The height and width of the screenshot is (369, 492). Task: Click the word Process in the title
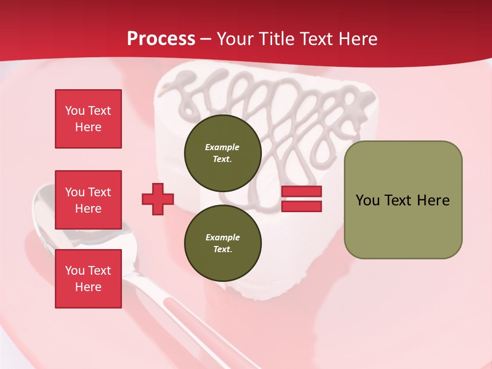tap(161, 39)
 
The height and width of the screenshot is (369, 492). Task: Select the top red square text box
tap(88, 119)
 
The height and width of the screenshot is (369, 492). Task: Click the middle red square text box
tap(88, 200)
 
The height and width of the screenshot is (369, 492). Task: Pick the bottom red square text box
tap(88, 278)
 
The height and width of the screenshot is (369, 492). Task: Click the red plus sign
tap(158, 199)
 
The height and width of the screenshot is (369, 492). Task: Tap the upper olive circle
tap(222, 153)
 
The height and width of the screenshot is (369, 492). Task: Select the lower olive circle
tap(222, 243)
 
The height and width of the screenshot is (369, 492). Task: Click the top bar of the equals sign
tap(301, 192)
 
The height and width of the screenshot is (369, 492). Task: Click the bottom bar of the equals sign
tap(301, 206)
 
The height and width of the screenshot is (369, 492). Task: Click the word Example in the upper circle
tap(222, 147)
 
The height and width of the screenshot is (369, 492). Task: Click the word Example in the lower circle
tap(222, 237)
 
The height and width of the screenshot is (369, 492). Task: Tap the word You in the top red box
tap(74, 111)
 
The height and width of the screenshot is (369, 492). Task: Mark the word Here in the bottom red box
tap(88, 287)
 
